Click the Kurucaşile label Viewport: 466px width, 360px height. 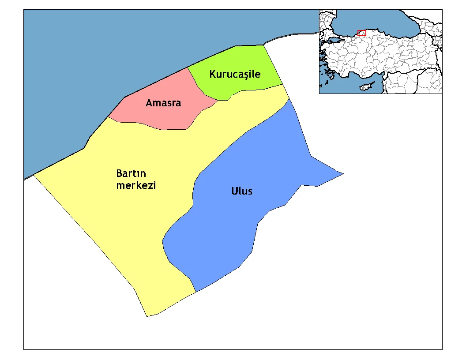point(235,74)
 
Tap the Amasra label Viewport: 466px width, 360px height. point(163,103)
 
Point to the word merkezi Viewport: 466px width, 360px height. point(136,185)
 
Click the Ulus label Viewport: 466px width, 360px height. point(242,191)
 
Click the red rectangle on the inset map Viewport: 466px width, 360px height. point(362,33)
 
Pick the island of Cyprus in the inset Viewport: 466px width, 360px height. point(366,86)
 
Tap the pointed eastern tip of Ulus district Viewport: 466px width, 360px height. point(343,174)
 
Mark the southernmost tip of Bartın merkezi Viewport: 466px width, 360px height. point(147,316)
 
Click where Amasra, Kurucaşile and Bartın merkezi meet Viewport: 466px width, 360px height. point(218,100)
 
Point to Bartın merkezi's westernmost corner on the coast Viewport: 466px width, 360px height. point(34,175)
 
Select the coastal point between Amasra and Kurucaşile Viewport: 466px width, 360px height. point(188,67)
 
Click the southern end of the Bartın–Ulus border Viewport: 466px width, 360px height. point(195,292)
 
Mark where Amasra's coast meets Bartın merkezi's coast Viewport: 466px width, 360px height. point(108,117)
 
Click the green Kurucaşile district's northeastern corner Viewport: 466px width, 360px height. point(264,45)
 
